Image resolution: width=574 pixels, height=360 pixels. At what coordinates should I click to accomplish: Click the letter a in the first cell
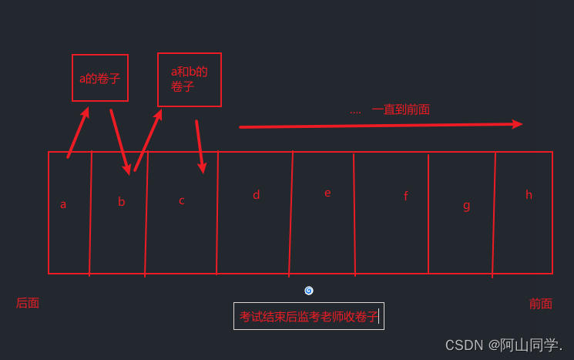(x=63, y=204)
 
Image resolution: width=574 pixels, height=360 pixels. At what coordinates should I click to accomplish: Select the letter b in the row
(x=121, y=202)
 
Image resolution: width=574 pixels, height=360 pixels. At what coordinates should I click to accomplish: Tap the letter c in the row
(x=182, y=201)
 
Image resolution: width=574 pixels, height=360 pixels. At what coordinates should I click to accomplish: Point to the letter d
(x=256, y=195)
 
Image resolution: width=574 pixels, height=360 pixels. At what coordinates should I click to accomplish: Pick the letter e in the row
(x=327, y=193)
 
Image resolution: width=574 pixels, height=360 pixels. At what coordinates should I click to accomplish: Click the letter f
(x=405, y=197)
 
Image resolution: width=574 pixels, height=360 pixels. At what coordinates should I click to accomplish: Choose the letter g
(x=466, y=205)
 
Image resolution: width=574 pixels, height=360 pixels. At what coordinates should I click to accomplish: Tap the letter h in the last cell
(x=529, y=195)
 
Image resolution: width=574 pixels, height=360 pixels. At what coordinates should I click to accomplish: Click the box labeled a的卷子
(x=100, y=78)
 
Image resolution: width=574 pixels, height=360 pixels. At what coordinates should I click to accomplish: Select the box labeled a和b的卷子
(x=190, y=79)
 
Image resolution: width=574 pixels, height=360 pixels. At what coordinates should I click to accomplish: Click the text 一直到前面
(x=401, y=109)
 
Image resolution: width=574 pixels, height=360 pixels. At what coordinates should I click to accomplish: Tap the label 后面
(x=28, y=303)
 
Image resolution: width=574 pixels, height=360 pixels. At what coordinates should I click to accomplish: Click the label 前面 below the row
(x=540, y=304)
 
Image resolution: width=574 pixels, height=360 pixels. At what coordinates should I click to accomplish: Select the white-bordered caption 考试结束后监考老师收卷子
(x=309, y=316)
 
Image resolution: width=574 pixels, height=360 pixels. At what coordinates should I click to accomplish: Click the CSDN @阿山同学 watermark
(x=504, y=345)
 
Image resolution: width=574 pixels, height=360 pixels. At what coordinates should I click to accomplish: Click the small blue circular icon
(x=309, y=291)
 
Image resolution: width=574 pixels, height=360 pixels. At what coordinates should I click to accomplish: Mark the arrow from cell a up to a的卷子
(x=78, y=133)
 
